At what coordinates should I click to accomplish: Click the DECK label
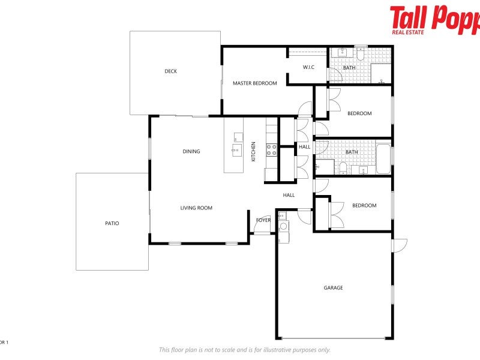click(171, 71)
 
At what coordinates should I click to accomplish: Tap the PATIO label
click(112, 223)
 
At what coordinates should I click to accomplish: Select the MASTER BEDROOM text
click(255, 83)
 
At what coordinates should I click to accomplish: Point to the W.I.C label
click(308, 67)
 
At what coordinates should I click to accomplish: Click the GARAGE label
click(334, 288)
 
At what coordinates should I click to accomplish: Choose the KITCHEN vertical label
click(254, 151)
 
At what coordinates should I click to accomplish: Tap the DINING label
click(191, 152)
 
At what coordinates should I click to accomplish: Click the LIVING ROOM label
click(197, 208)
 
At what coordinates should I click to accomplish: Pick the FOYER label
click(263, 220)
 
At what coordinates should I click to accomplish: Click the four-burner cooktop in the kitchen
click(272, 149)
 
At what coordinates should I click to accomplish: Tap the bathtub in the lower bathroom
click(383, 159)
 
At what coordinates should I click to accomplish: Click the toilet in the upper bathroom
click(360, 55)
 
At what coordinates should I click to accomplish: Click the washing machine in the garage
click(283, 227)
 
